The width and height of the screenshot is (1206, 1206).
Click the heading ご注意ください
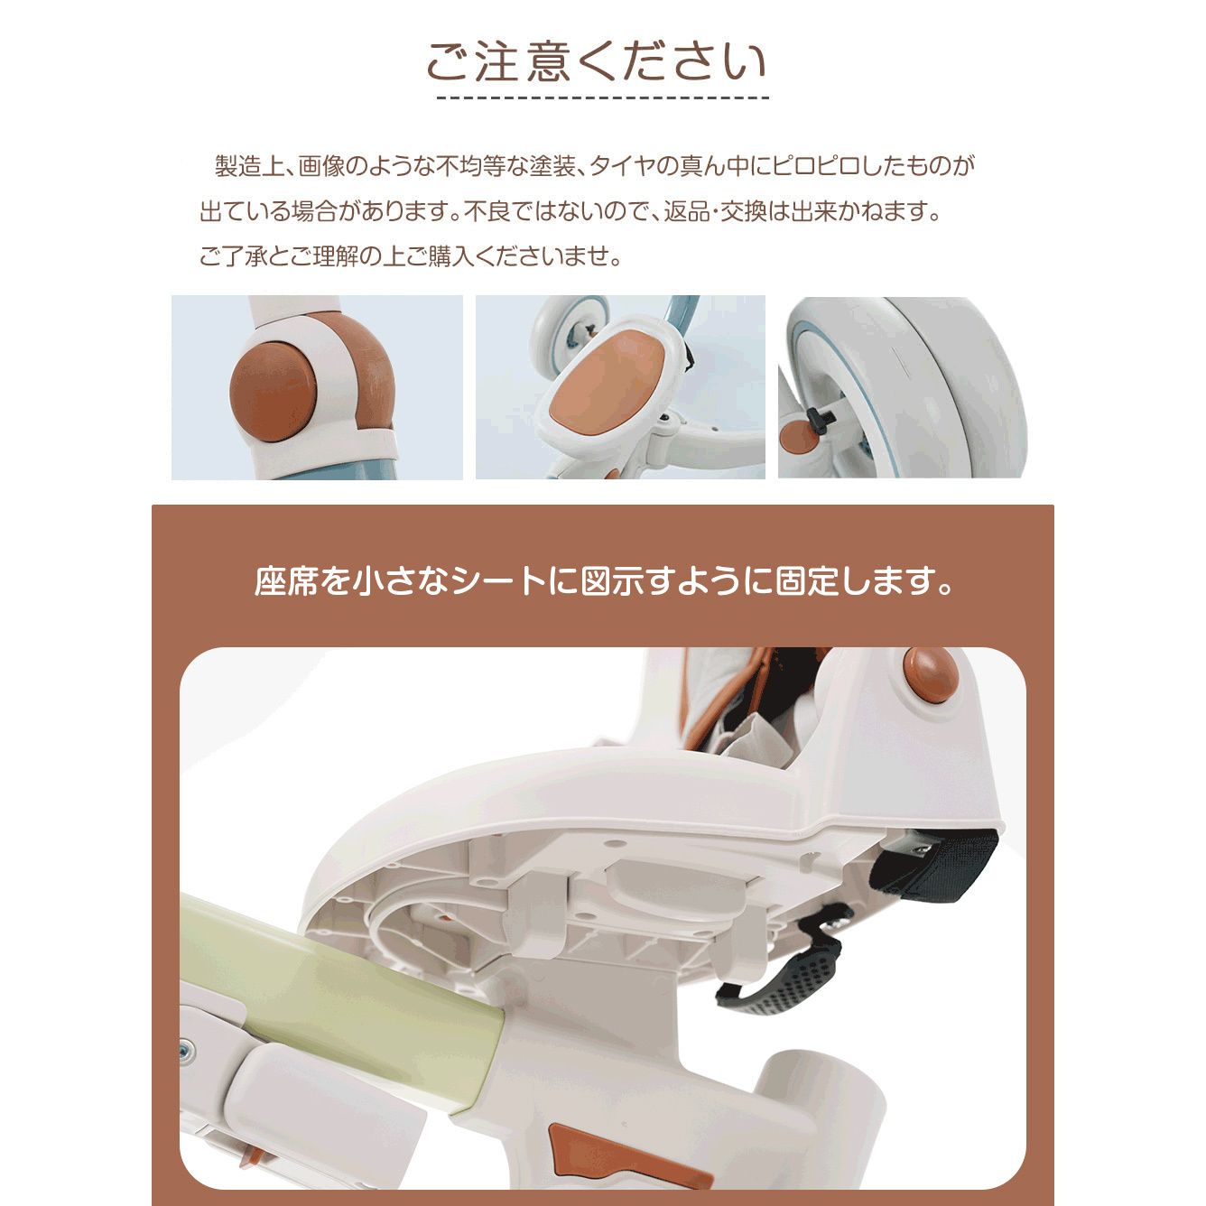point(597,61)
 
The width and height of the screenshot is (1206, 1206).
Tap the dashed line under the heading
point(602,97)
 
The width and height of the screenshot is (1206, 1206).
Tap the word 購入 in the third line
point(451,257)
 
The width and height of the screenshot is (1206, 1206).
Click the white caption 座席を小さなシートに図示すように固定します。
point(603,582)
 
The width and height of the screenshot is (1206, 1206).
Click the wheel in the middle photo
point(570,329)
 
